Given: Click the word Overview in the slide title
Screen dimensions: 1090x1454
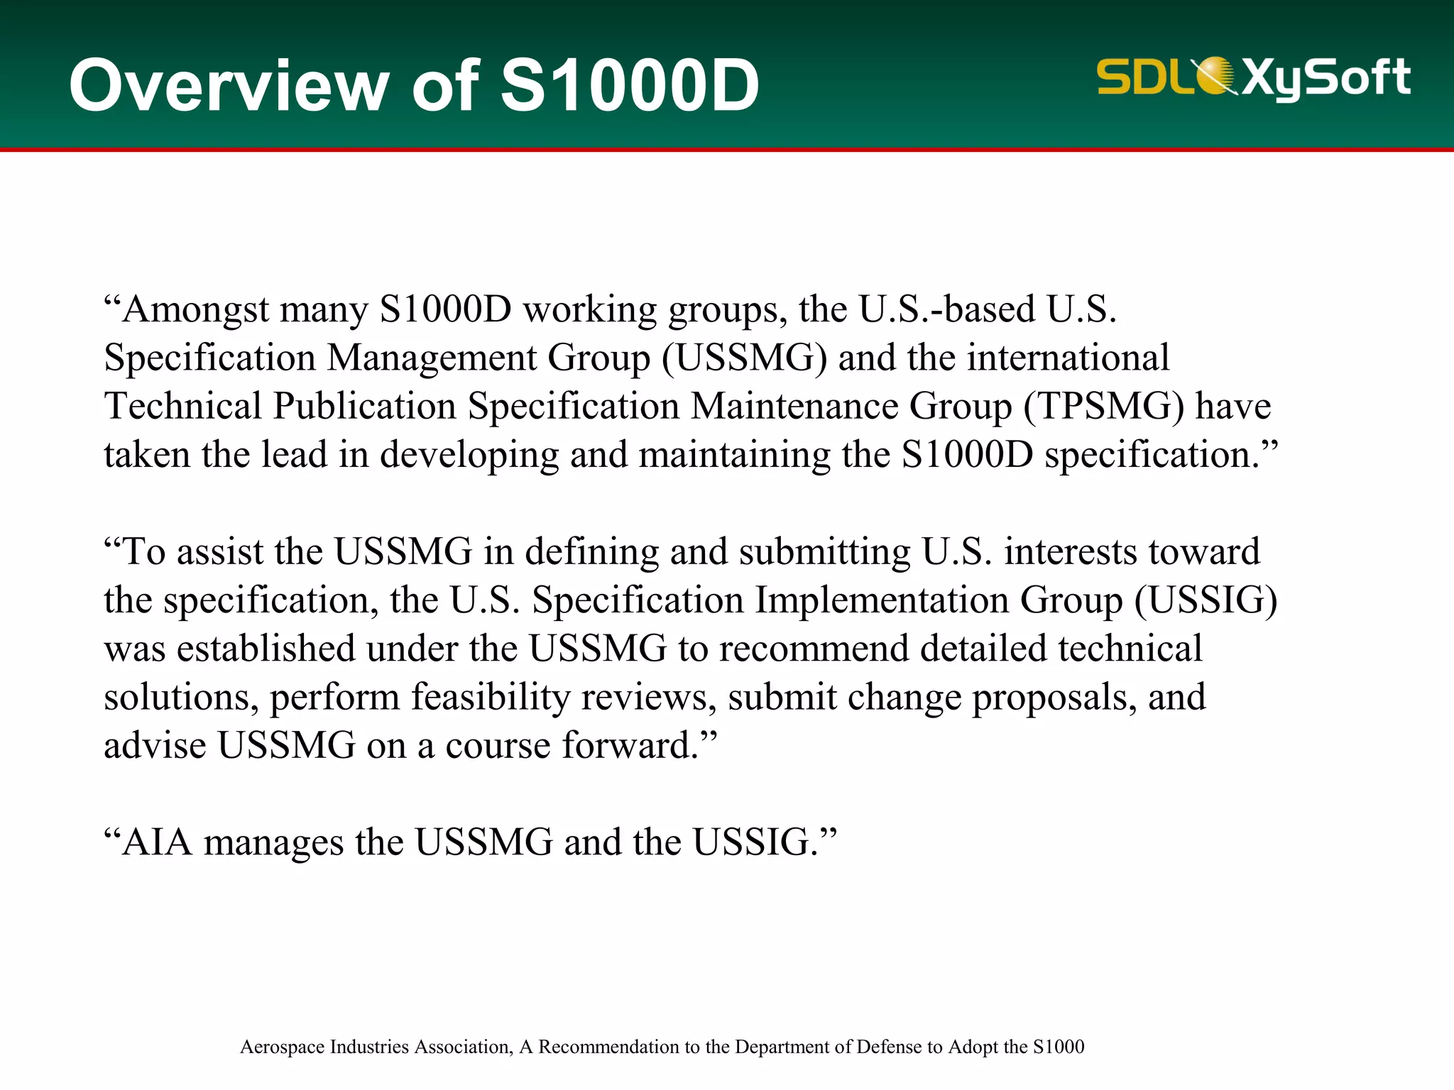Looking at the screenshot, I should click(229, 86).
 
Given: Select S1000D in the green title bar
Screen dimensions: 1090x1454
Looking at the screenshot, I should click(630, 86).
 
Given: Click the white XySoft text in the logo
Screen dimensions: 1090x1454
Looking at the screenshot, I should click(1325, 78).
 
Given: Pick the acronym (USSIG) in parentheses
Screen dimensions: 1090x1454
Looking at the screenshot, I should click(1206, 600).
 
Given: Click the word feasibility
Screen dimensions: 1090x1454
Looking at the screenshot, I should click(491, 697).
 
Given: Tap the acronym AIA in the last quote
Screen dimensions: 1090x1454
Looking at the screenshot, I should click(157, 842).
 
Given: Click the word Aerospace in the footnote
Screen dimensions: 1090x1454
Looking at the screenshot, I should click(282, 1047).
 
